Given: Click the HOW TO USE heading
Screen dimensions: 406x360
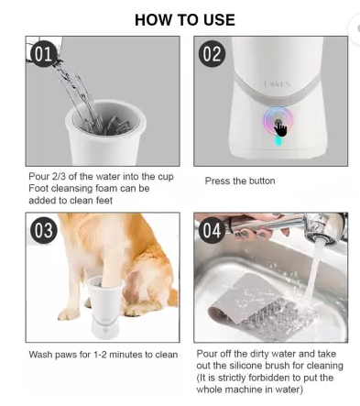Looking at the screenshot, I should (184, 19).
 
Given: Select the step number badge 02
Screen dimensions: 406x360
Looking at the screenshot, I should (212, 54).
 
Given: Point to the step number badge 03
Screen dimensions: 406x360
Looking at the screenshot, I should (44, 230).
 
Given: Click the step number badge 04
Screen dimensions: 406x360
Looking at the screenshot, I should (212, 229).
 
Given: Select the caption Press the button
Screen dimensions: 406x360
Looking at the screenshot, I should (240, 181).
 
